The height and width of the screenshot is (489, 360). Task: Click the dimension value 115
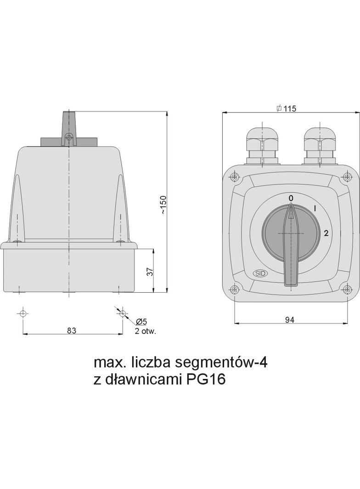(x=290, y=109)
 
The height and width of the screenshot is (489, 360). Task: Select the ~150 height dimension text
(x=163, y=205)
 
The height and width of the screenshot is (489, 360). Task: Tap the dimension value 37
(x=151, y=271)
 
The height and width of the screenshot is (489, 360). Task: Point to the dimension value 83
(x=72, y=330)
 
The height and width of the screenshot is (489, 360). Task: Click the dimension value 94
(x=289, y=320)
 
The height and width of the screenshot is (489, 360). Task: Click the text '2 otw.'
(x=145, y=331)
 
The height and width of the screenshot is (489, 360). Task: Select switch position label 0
(x=291, y=198)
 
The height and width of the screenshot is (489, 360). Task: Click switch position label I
(x=315, y=209)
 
